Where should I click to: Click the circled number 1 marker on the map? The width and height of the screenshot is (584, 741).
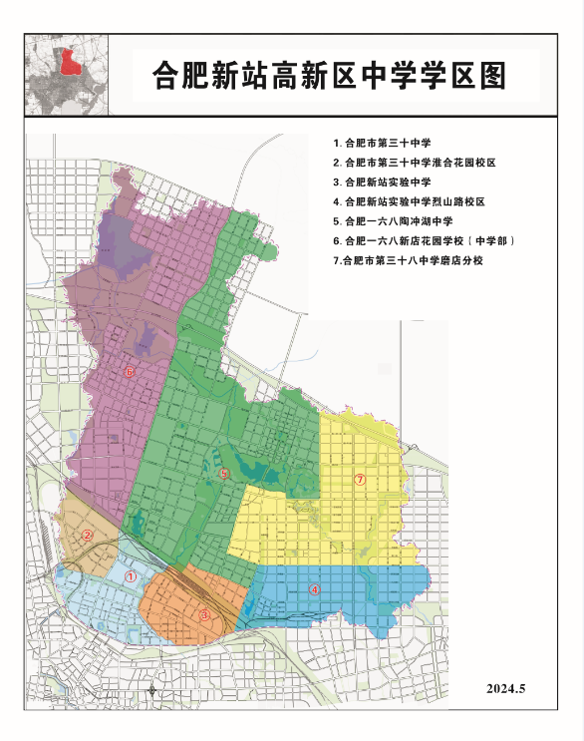131,576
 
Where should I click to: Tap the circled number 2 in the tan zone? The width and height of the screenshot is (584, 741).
88,536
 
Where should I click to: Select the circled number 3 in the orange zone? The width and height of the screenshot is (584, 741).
204,615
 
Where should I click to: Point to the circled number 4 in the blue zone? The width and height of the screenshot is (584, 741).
313,588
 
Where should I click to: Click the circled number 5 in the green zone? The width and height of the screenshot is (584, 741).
225,475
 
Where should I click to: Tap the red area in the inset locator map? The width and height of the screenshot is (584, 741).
69,63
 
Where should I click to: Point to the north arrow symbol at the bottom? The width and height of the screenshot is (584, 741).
150,689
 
